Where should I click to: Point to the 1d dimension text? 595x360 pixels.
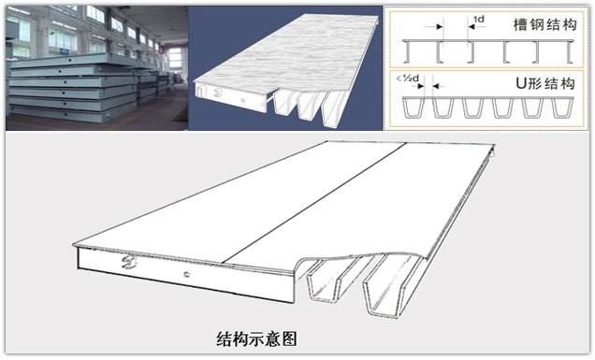[479, 19]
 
